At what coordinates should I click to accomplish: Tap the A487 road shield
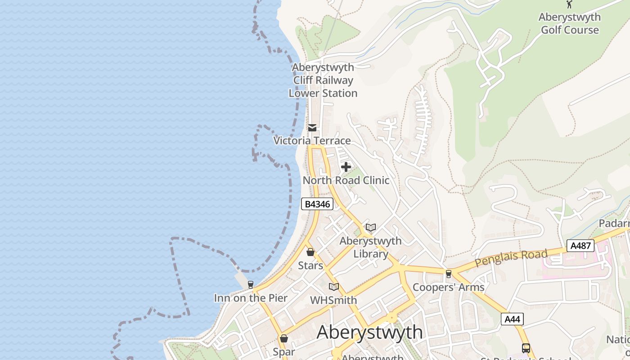(x=580, y=246)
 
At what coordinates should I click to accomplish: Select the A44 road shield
(x=512, y=319)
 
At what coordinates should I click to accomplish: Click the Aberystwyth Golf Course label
(x=570, y=23)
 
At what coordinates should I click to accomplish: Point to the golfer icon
(x=569, y=4)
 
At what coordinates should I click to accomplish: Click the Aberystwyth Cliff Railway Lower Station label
(x=323, y=80)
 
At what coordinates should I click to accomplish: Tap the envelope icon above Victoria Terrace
(x=312, y=128)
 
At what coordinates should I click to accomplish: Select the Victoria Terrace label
(x=312, y=140)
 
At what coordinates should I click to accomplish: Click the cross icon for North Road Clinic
(x=346, y=167)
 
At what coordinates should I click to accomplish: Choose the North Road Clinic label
(x=346, y=180)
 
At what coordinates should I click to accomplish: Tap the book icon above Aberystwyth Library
(x=370, y=228)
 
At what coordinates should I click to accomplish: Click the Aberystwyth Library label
(x=370, y=247)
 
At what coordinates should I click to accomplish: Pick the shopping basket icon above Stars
(x=310, y=252)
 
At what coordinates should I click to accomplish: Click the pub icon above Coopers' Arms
(x=448, y=274)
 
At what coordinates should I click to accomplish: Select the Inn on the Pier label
(x=251, y=298)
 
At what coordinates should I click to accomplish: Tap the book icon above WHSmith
(x=333, y=287)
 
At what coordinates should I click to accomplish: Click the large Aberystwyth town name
(x=370, y=332)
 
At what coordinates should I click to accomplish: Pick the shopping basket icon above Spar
(x=284, y=338)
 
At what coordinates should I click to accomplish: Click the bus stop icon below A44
(x=526, y=348)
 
